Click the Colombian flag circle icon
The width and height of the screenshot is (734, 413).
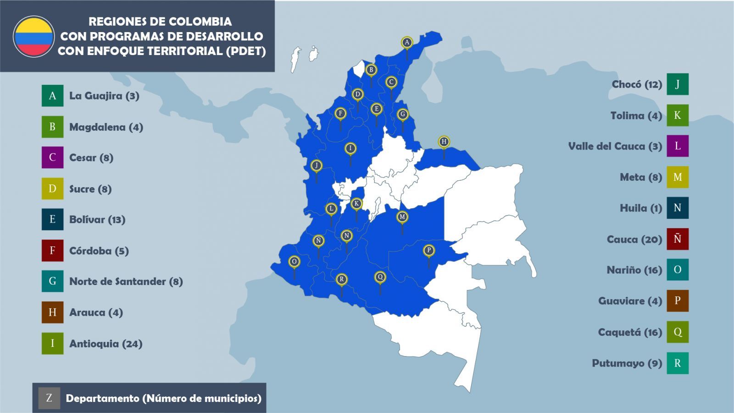point(34,37)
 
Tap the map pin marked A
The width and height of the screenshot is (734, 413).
point(406,43)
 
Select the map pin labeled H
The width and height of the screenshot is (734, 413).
point(444,141)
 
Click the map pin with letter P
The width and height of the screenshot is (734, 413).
point(428,251)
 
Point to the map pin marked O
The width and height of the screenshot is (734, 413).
point(294,262)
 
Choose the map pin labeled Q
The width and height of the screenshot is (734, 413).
point(380,277)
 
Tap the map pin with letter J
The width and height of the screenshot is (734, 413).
point(316,165)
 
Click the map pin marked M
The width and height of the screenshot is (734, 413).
point(402,217)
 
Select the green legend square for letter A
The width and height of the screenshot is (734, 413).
point(52,96)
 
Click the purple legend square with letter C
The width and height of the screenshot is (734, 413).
point(52,157)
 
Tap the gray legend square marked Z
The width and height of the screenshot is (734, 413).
point(49,398)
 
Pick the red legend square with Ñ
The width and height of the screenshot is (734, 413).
point(678,239)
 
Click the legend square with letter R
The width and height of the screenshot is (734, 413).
point(678,363)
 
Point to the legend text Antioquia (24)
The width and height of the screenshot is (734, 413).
point(106,344)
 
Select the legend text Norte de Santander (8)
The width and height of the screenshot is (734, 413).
point(126,281)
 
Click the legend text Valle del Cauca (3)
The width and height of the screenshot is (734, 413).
point(615,146)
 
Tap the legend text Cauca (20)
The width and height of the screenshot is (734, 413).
point(634,240)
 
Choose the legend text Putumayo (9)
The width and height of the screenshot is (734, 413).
point(627,363)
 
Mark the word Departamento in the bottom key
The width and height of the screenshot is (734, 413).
point(102,398)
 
